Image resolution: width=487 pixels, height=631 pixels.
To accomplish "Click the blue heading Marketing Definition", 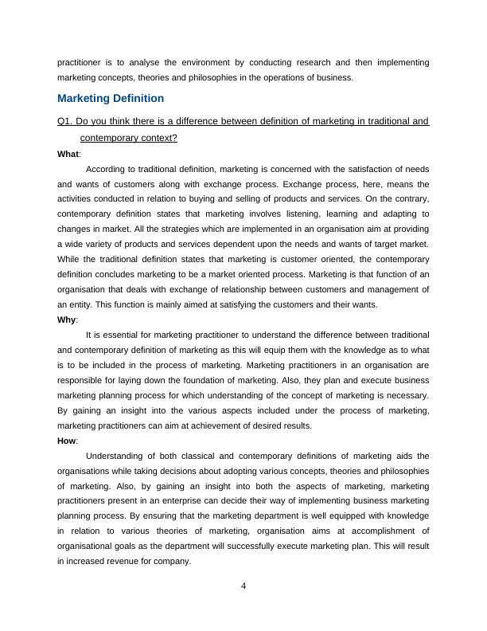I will [111, 98].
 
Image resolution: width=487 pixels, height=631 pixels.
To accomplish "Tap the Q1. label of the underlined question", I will [67, 122].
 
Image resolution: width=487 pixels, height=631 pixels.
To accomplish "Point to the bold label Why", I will [67, 319].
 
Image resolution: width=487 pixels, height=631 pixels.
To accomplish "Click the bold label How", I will [68, 441].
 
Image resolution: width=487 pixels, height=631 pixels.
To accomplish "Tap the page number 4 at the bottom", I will [243, 587].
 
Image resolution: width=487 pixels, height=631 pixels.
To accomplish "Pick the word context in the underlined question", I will [156, 137].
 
